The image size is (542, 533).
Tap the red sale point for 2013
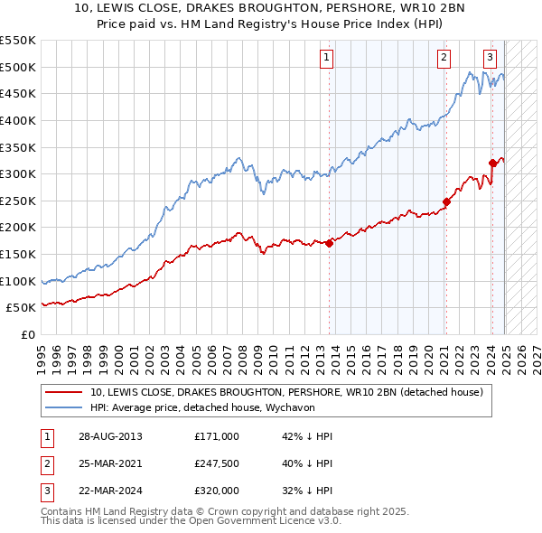(x=330, y=242)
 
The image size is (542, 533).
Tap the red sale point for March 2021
(x=446, y=201)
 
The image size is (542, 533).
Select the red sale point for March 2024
(x=492, y=163)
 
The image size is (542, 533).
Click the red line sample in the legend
(x=65, y=392)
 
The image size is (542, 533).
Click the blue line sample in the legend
(x=65, y=407)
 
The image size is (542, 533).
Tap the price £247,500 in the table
(x=216, y=463)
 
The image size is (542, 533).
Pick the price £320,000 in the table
(x=216, y=491)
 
